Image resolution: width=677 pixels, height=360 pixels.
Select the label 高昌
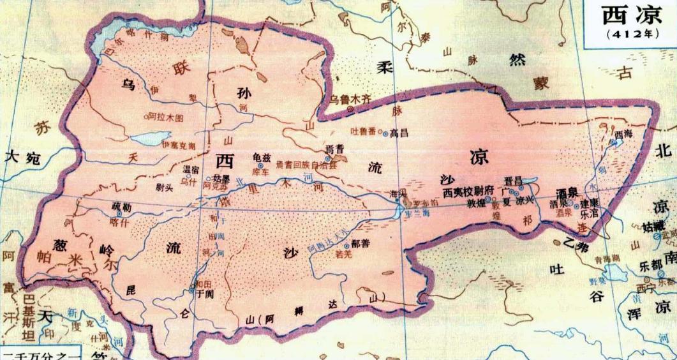coord(399,133)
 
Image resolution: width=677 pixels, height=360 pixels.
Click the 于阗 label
coord(205,293)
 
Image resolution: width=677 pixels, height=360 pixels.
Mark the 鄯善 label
coord(359,244)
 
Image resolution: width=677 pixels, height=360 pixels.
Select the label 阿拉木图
coord(165,118)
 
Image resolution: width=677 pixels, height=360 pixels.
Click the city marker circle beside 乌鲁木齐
coord(350,109)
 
